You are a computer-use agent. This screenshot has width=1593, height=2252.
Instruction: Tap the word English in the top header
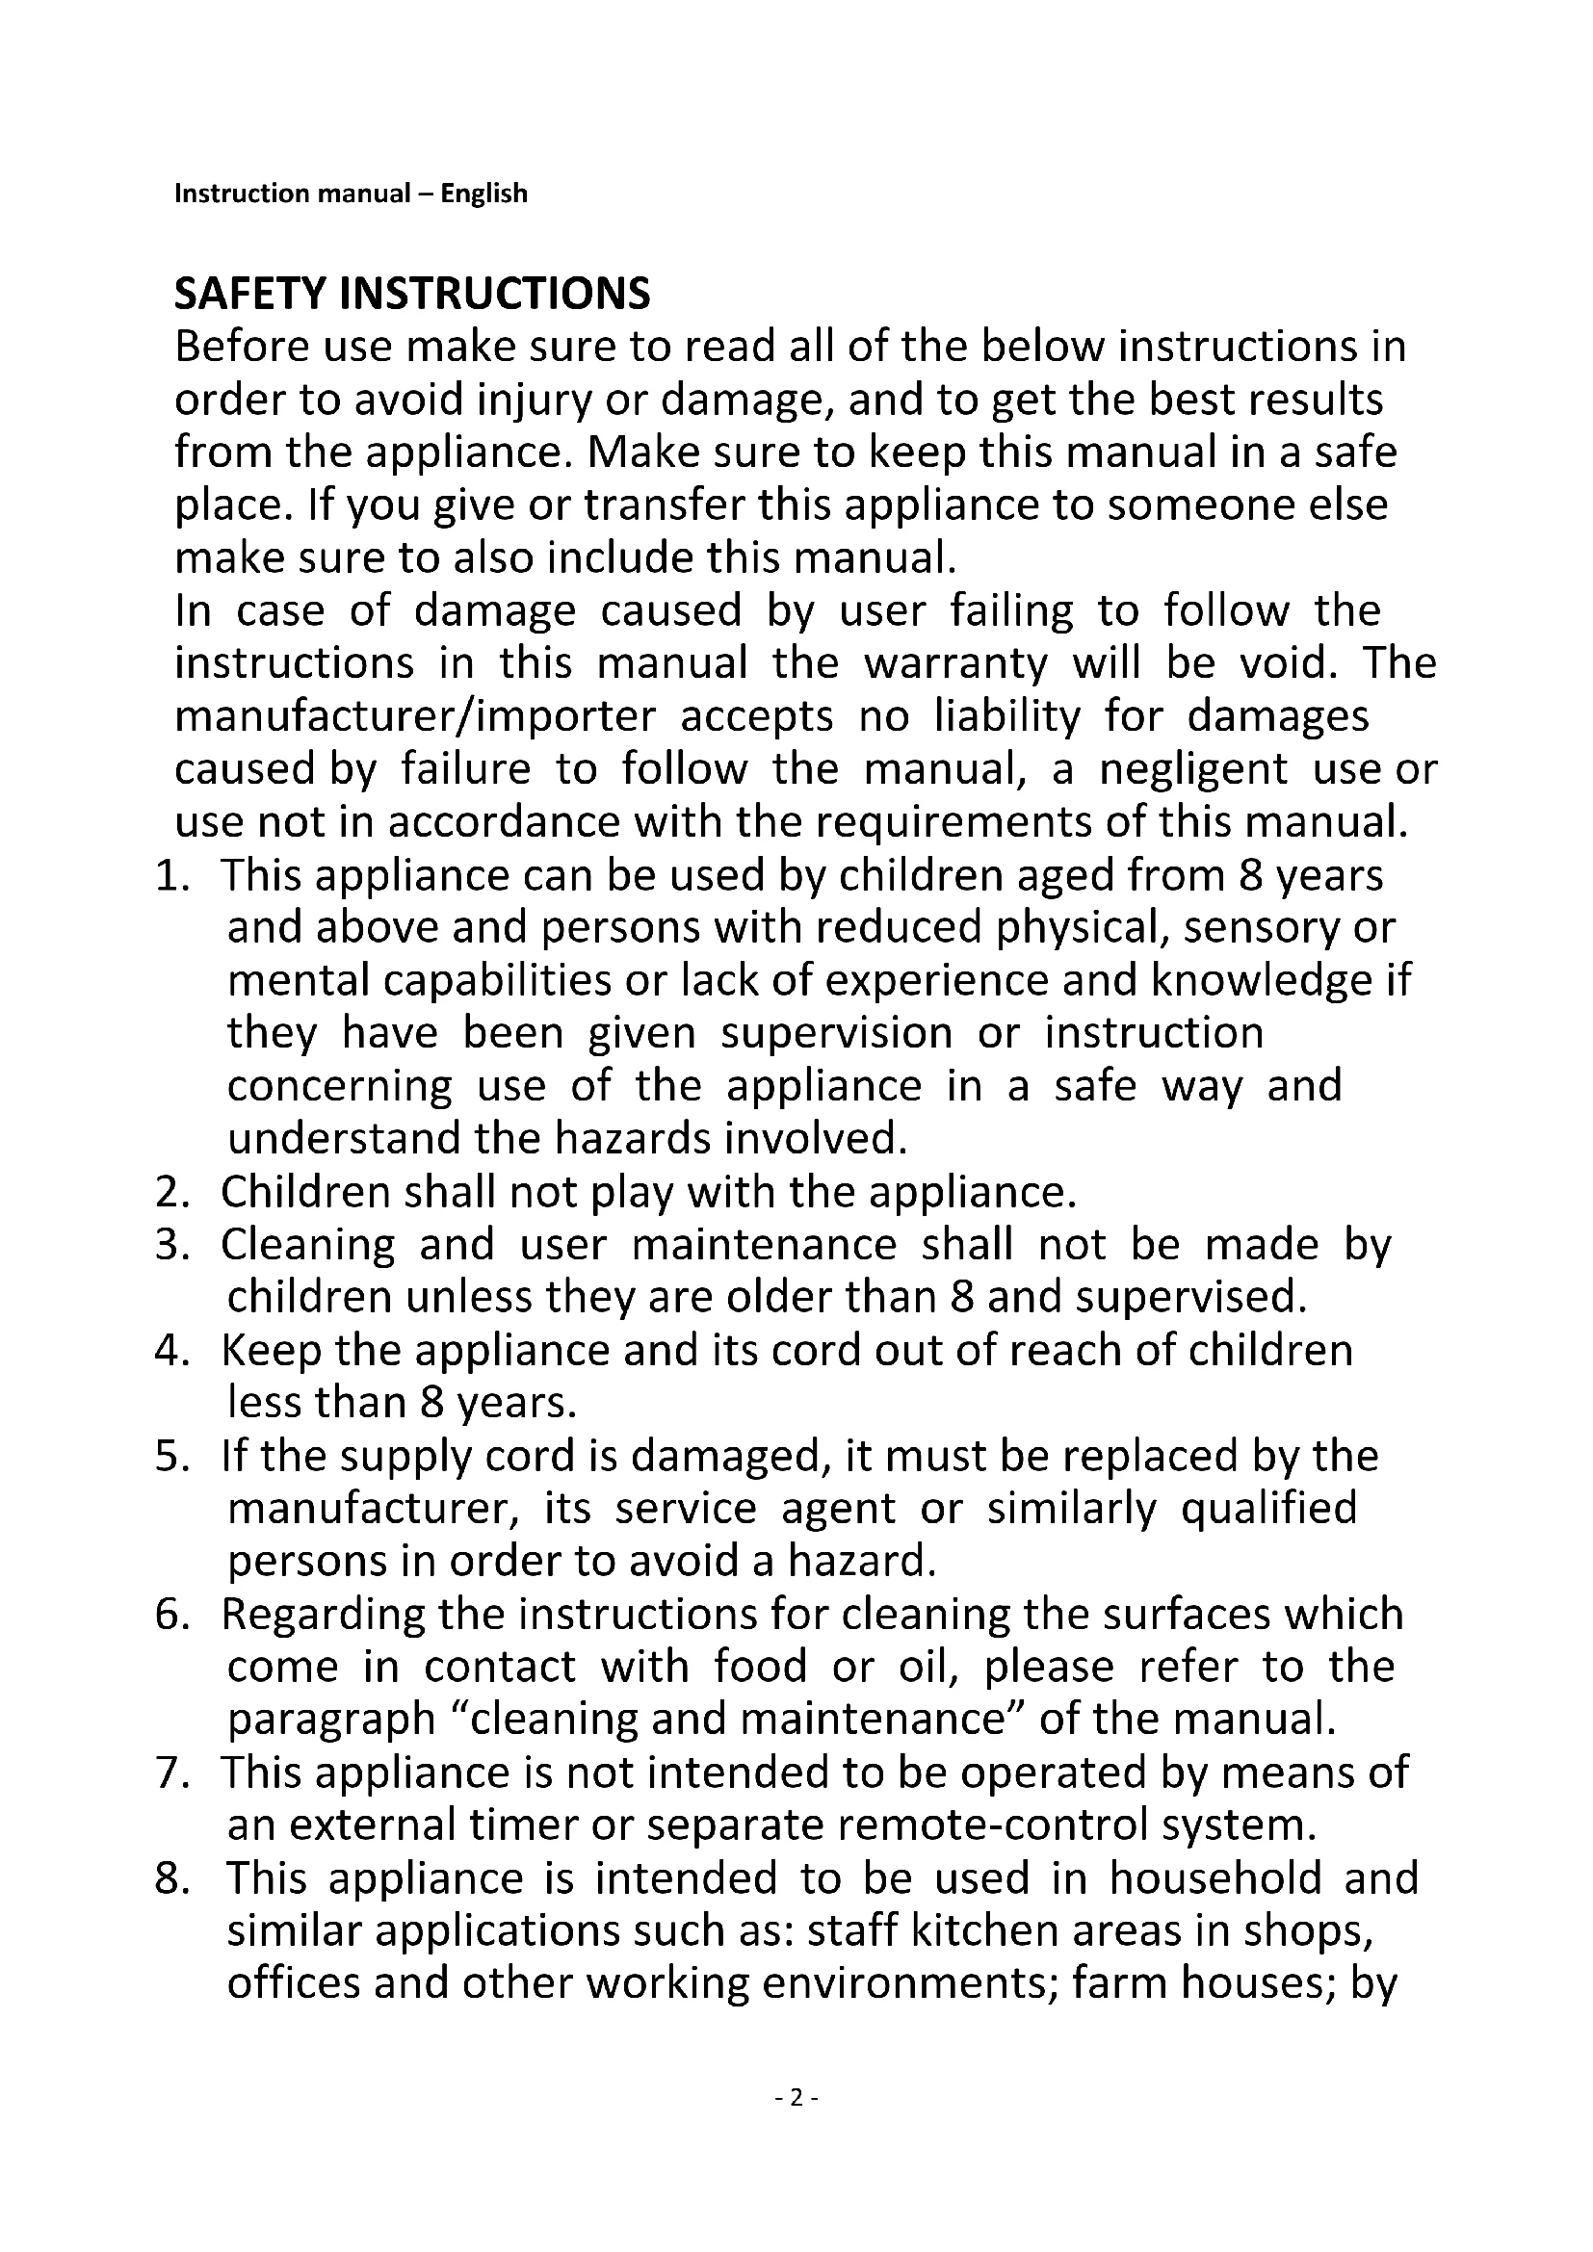(x=483, y=194)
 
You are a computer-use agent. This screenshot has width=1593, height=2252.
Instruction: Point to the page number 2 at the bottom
(x=796, y=2098)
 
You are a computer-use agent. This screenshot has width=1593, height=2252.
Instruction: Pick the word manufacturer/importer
(x=415, y=717)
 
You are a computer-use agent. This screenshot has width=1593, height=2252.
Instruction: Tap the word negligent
(x=1192, y=770)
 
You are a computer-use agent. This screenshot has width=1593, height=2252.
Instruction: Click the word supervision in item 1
(x=837, y=1034)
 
